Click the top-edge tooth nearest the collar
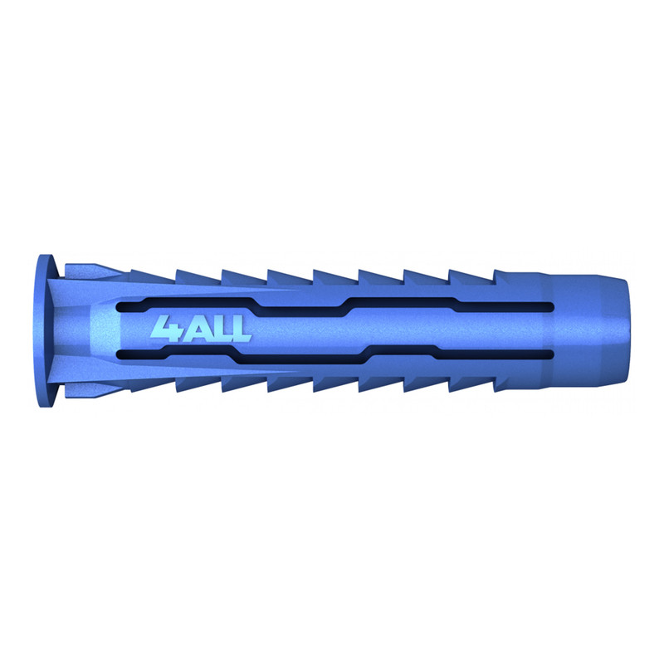coord(153,276)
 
